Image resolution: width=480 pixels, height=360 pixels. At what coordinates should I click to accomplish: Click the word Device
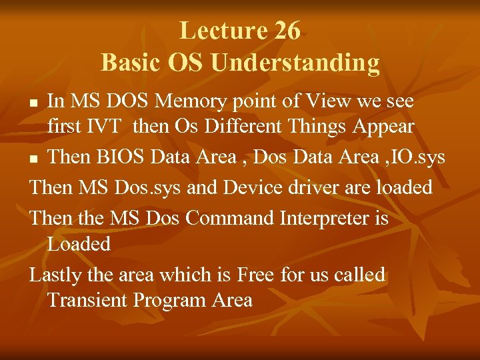coord(252,187)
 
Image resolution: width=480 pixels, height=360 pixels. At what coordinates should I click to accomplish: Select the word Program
coord(169,300)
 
